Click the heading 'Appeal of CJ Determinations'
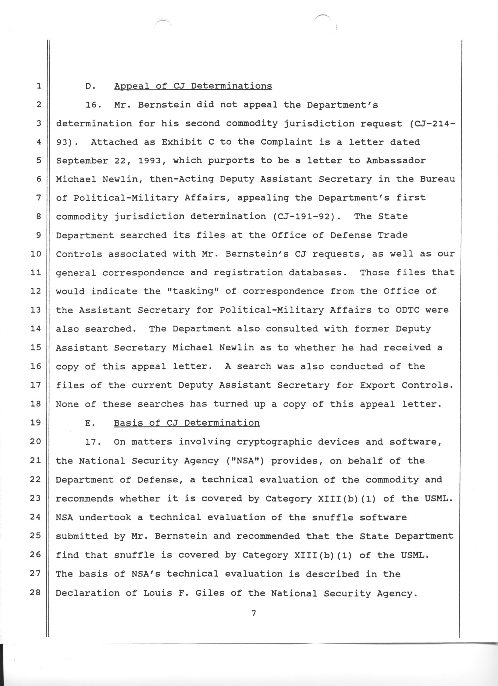193,86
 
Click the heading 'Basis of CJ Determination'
186,423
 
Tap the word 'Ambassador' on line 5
396,161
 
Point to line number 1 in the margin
38,86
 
